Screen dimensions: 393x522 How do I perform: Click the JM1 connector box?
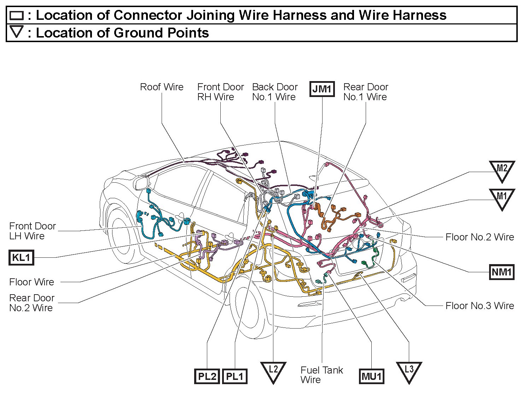(x=322, y=89)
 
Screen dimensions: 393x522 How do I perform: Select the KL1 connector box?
(x=21, y=257)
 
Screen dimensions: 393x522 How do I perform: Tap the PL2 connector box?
(x=207, y=376)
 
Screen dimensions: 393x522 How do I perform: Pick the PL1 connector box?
(x=234, y=376)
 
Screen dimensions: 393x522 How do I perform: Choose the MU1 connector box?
(x=371, y=376)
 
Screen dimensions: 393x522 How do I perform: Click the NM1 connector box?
(x=501, y=272)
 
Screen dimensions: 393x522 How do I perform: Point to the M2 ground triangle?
(x=502, y=170)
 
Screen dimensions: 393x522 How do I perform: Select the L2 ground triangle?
(x=273, y=371)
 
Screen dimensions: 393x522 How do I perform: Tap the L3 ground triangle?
(x=409, y=371)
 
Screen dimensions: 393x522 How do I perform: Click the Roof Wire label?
(x=162, y=87)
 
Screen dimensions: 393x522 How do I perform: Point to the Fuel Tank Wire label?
(x=321, y=375)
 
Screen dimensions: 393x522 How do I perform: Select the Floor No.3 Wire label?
(x=480, y=306)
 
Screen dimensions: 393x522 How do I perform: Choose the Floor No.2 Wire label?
(x=480, y=237)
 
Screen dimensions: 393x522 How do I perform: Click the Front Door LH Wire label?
(x=32, y=231)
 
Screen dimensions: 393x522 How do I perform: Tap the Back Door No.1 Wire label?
(x=275, y=92)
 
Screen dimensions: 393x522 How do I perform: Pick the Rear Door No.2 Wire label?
(x=31, y=303)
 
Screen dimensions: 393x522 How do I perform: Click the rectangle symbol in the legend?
(x=17, y=16)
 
